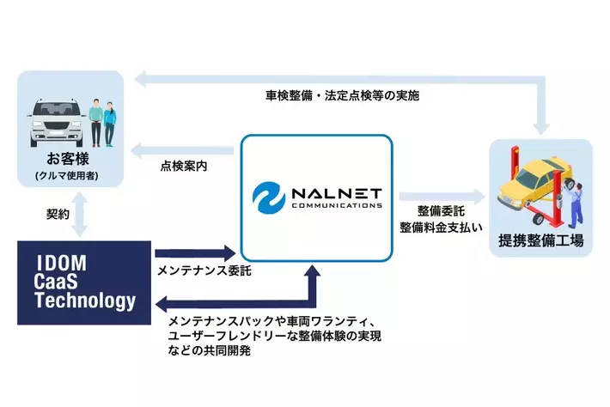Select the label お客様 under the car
(x=69, y=160)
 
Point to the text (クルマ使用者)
(x=69, y=177)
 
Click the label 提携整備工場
(x=540, y=241)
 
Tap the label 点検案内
(x=184, y=165)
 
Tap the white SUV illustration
(x=52, y=121)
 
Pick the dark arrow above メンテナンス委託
(x=194, y=252)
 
